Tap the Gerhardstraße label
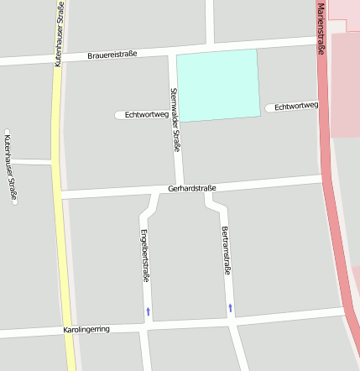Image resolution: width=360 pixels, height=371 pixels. (x=192, y=188)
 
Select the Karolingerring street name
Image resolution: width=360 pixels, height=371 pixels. (x=86, y=330)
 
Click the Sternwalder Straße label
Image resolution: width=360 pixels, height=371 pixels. (x=175, y=119)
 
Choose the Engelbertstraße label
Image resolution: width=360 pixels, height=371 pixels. (x=144, y=253)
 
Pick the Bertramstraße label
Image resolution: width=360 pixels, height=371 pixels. (x=225, y=250)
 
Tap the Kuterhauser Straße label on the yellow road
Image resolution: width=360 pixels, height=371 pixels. (x=59, y=34)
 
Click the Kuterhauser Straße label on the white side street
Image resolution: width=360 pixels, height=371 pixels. (x=10, y=168)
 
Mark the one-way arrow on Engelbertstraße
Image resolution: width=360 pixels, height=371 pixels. (x=149, y=311)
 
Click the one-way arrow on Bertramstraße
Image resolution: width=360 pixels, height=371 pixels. (x=230, y=308)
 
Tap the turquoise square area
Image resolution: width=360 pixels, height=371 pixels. (x=217, y=84)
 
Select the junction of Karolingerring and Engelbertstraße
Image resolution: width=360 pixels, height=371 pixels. (x=146, y=327)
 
